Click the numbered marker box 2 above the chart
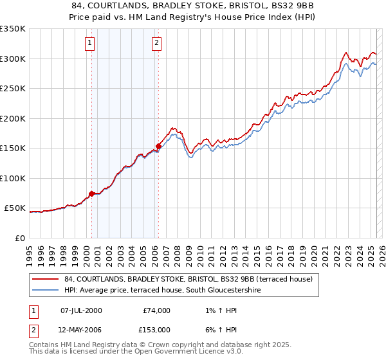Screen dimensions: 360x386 pos(156,44)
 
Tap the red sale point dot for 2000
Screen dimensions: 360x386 pos(91,194)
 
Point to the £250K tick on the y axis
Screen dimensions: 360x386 pos(13,89)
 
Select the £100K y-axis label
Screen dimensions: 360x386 pos(13,178)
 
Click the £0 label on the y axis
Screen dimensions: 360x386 pos(19,238)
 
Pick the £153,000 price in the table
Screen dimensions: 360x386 pos(156,330)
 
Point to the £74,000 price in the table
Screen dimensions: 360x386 pos(156,310)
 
